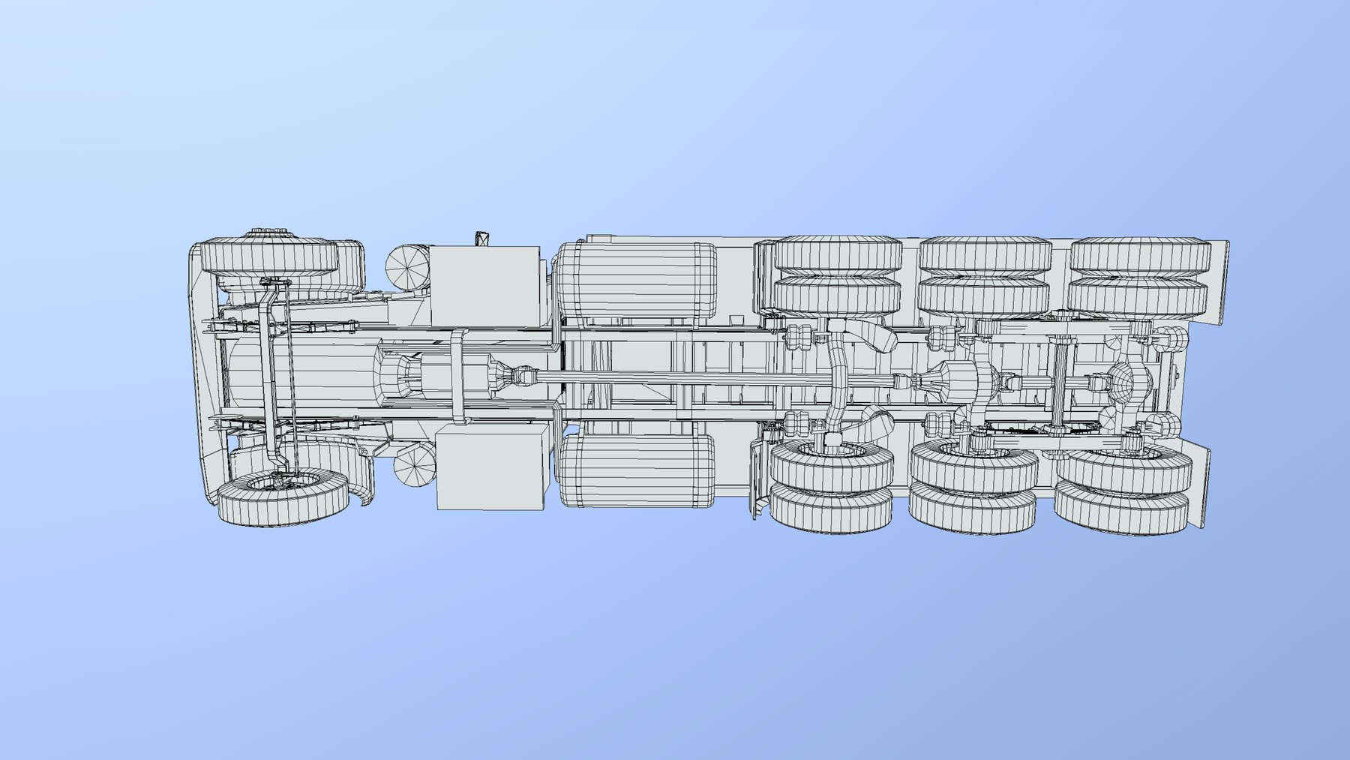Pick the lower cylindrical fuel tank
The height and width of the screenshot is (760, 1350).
click(x=636, y=470)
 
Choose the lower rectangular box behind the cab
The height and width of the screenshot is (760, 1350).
click(x=490, y=466)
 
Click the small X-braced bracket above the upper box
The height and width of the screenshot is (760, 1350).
click(x=481, y=239)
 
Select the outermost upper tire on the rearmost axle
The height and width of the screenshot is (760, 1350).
click(x=1140, y=255)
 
